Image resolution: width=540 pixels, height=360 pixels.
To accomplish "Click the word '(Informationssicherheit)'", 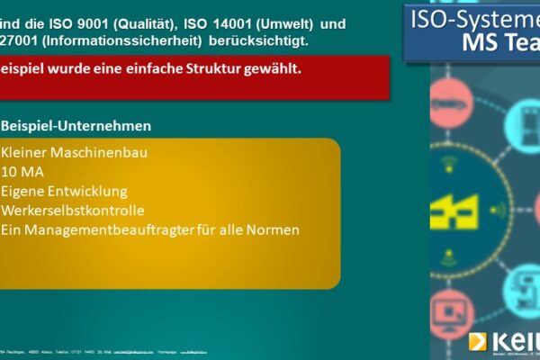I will pos(110,40).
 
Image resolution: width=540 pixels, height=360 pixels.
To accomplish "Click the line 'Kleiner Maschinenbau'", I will pos(74,152).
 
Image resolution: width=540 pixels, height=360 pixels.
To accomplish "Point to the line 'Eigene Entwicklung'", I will pos(64,191).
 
